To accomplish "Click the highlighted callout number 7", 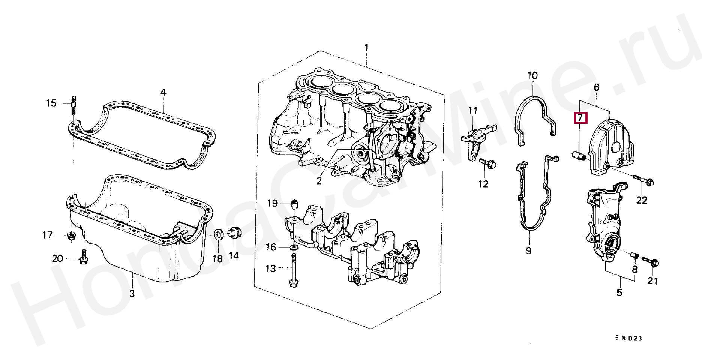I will [580, 118].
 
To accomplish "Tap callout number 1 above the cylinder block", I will [366, 48].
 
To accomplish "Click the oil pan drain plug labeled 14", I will [235, 232].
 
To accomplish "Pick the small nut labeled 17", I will [70, 236].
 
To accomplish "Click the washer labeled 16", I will [294, 247].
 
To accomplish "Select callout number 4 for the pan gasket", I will [163, 92].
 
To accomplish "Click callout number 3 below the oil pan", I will [132, 293].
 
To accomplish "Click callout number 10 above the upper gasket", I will [532, 76].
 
